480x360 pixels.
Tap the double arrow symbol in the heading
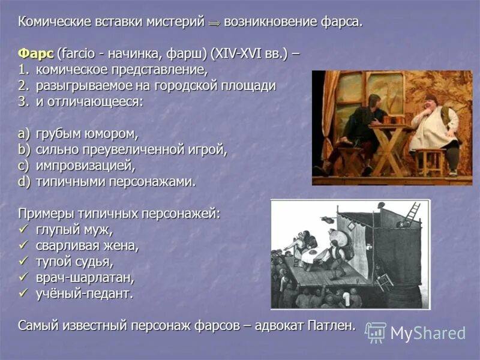(214, 23)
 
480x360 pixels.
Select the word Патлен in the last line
(332, 326)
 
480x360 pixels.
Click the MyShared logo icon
(376, 332)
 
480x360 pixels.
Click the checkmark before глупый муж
(23, 229)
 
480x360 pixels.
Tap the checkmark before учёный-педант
(23, 294)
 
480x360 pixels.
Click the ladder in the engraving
(412, 211)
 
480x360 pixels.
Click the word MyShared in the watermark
(428, 333)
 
